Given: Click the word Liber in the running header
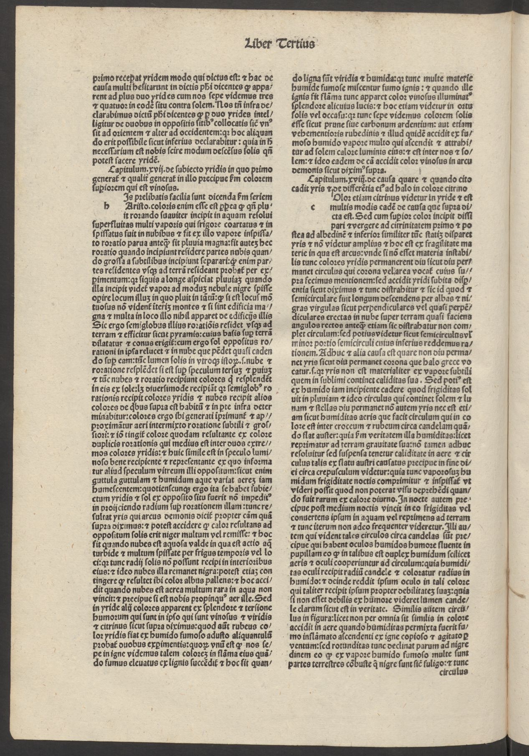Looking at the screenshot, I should (x=257, y=43).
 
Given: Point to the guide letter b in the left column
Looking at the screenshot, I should (x=107, y=205).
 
